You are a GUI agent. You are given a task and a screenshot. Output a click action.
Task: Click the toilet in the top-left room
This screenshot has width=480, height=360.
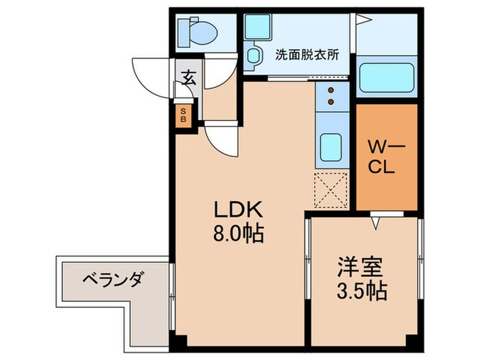[x=197, y=32]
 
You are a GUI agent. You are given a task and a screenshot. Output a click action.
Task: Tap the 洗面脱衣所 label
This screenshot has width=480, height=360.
[x=307, y=55]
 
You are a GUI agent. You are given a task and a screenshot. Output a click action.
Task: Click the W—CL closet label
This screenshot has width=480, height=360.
[x=382, y=158]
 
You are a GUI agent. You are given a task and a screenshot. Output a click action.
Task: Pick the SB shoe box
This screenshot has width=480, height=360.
[x=184, y=115]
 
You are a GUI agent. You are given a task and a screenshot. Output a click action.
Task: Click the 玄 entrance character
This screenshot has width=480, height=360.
[x=189, y=77]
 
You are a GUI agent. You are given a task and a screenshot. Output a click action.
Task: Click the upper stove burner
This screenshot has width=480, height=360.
[x=331, y=91]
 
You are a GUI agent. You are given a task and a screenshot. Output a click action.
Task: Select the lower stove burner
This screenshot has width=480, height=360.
[x=331, y=102]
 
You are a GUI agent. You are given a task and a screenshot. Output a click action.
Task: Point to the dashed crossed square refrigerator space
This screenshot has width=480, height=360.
[x=332, y=190]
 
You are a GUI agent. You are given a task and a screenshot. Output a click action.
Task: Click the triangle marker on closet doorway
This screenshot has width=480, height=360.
[x=376, y=221]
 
